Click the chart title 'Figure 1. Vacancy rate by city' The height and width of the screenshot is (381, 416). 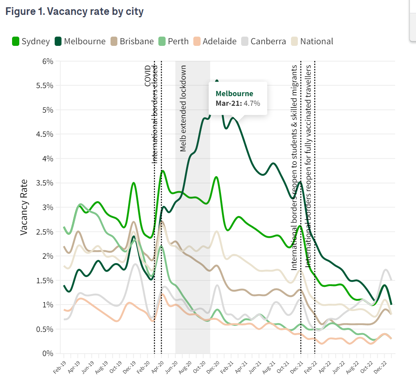point(74,12)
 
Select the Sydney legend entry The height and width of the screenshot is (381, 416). point(31,41)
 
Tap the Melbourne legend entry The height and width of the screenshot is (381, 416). point(80,41)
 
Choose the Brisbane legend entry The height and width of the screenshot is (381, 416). point(132,41)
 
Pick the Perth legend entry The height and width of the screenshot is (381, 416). point(173,41)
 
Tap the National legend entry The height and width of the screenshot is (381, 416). point(312,41)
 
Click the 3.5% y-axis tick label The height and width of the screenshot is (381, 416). point(44,183)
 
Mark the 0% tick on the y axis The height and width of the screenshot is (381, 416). point(47,354)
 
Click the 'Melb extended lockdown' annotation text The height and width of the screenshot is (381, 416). point(183,109)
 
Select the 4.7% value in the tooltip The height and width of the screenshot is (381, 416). point(252,103)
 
